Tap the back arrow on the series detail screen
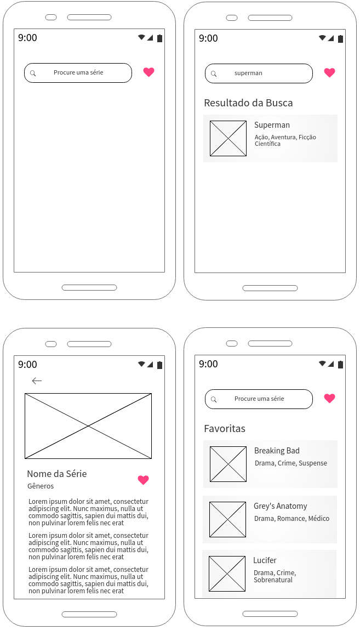tap(37, 381)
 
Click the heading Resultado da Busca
tap(248, 103)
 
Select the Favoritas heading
tap(225, 429)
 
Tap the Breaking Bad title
tap(277, 451)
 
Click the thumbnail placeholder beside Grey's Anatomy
tap(227, 519)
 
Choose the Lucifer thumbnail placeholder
tap(227, 574)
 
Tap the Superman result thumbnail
tap(228, 139)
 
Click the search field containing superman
tap(259, 73)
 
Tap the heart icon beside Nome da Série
tap(143, 480)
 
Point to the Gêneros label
tap(41, 486)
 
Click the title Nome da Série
tap(57, 474)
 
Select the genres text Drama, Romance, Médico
tap(292, 519)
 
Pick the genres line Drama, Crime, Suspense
tap(291, 463)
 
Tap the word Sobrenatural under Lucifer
tap(273, 580)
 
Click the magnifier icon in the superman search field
tap(214, 74)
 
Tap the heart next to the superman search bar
tap(329, 72)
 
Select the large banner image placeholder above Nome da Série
tap(88, 426)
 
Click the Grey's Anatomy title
tap(280, 506)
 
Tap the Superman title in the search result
tap(272, 125)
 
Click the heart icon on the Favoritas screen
tap(329, 398)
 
